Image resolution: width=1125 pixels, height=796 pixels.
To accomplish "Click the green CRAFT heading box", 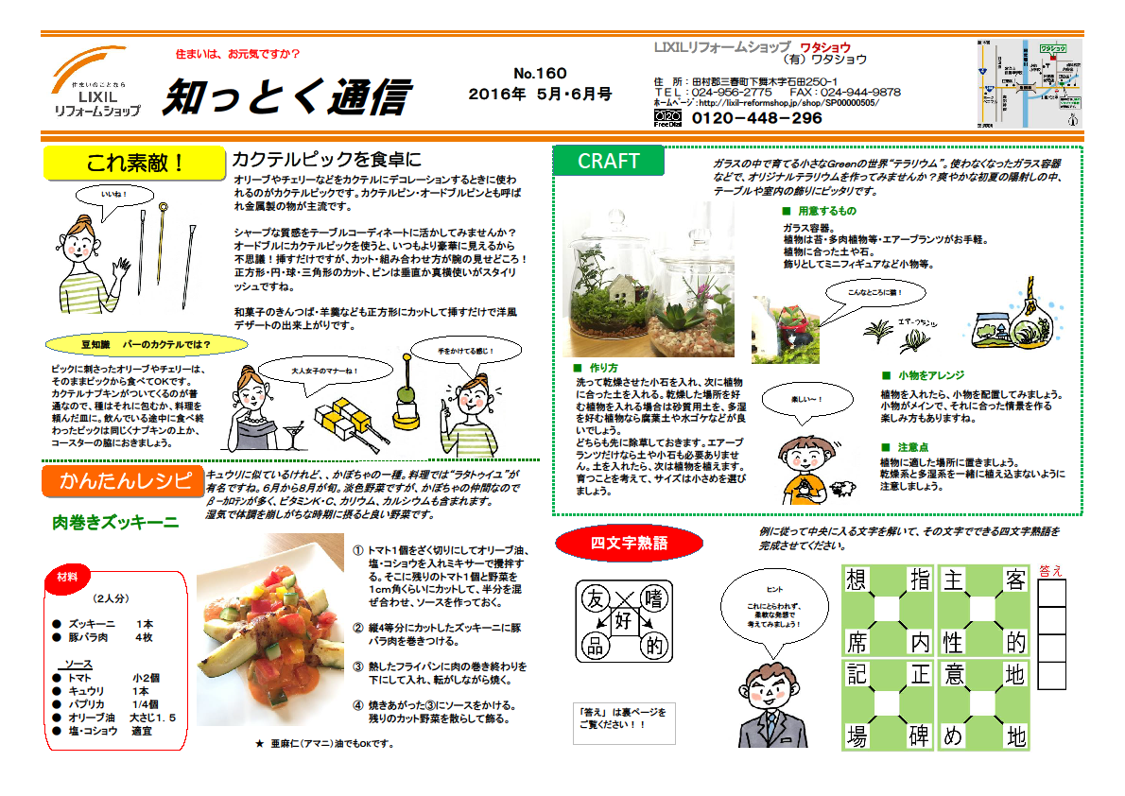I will click(x=608, y=161).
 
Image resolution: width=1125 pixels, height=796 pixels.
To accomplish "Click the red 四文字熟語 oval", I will click(x=629, y=544).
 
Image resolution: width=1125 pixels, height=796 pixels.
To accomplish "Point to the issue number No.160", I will click(x=540, y=74).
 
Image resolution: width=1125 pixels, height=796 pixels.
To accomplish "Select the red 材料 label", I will click(x=67, y=576).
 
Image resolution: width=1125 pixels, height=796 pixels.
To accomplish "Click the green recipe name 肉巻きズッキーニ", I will click(x=115, y=522).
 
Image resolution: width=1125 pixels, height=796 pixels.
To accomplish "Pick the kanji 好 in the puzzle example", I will click(x=623, y=621).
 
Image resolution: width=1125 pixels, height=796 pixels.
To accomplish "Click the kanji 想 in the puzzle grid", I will click(x=857, y=580).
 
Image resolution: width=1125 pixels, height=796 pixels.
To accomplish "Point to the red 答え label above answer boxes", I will click(x=1050, y=570).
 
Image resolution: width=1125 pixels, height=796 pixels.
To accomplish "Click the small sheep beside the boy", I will click(x=841, y=489).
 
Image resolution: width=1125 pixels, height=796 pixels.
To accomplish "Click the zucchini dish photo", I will click(x=268, y=649).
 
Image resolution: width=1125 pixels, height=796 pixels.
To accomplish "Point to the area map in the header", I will click(x=1028, y=84).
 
